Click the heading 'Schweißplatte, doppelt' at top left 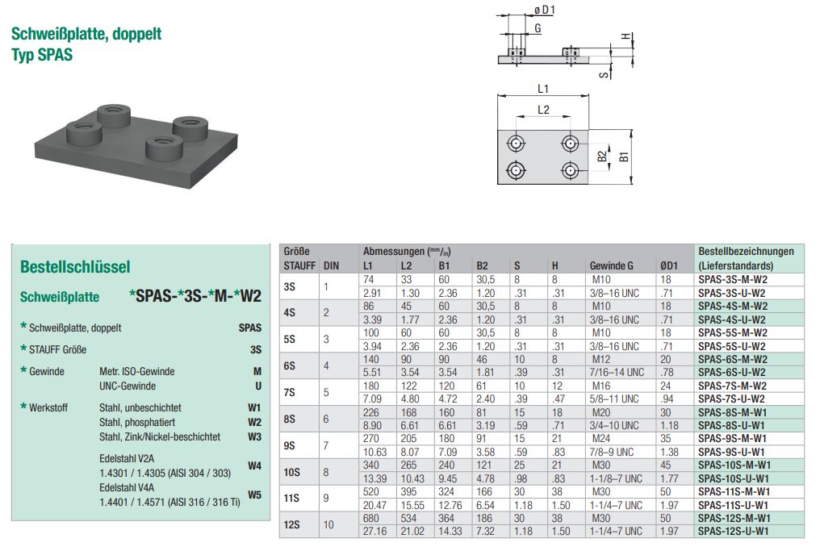coord(86,34)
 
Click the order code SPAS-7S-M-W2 coord(732,386)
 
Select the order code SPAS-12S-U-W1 coord(733,531)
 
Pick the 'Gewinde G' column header coord(611,265)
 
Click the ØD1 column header coord(669,265)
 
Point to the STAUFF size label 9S coord(290,445)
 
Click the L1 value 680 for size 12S coord(371,518)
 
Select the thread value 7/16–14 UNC coord(617,372)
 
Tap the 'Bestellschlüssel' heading coord(75,266)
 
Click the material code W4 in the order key coord(254,465)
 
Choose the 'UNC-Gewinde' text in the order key coord(128,386)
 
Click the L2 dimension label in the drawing coord(543,110)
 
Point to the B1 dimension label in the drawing coord(624,157)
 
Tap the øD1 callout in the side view coord(545,10)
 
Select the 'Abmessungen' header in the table coord(394,252)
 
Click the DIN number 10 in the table coord(328,524)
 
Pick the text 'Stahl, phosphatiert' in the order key coord(137,422)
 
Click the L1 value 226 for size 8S coord(371,412)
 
